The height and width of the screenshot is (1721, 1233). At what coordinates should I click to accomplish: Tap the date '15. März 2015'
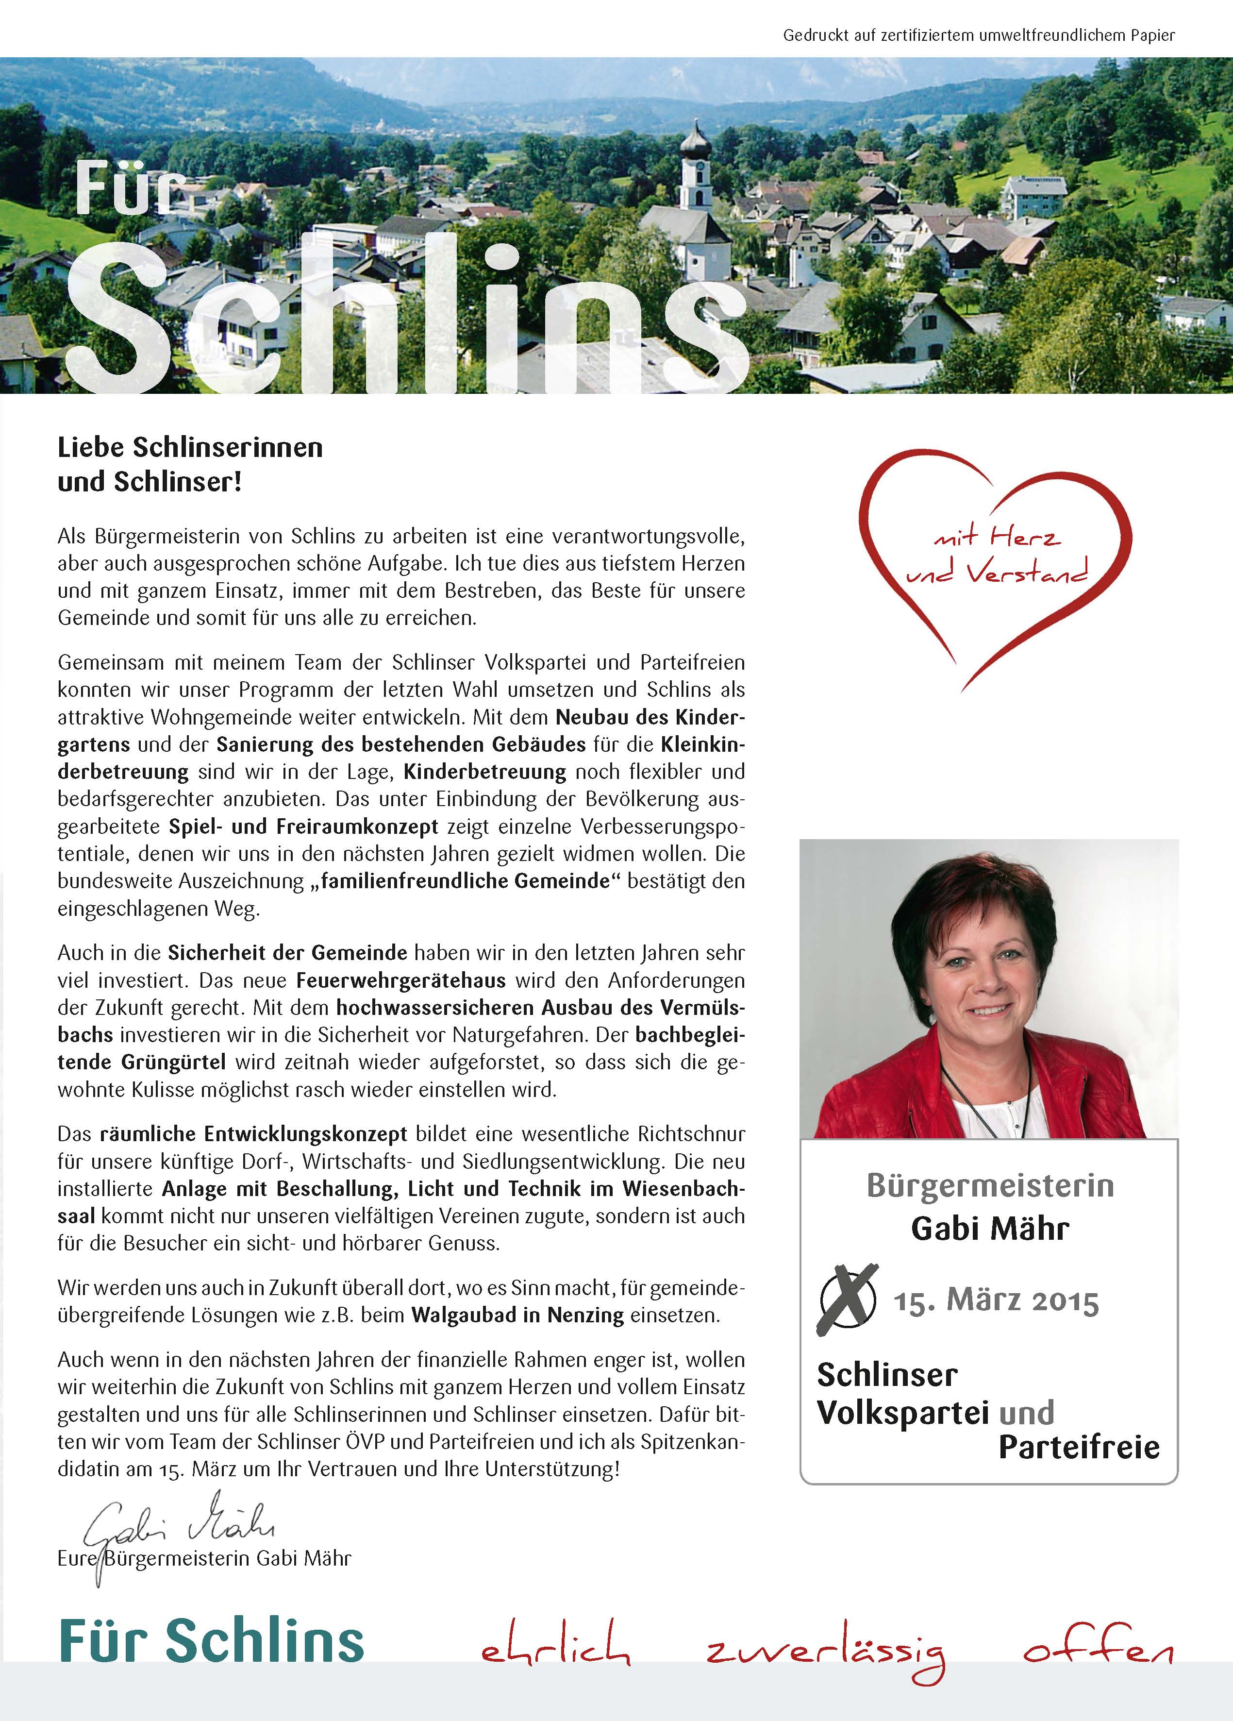pyautogui.click(x=996, y=1301)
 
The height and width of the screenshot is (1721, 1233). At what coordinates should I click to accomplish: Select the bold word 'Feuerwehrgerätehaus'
pyautogui.click(x=400, y=980)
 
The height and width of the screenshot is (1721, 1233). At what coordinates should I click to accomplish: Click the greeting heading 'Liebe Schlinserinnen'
pyautogui.click(x=190, y=448)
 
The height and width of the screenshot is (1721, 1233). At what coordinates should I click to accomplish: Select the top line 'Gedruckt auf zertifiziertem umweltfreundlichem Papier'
pyautogui.click(x=979, y=35)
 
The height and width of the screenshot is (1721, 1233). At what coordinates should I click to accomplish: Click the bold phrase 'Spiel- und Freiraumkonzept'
pyautogui.click(x=303, y=827)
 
